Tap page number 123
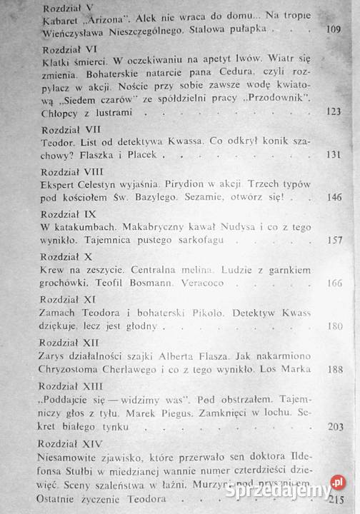(334, 111)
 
